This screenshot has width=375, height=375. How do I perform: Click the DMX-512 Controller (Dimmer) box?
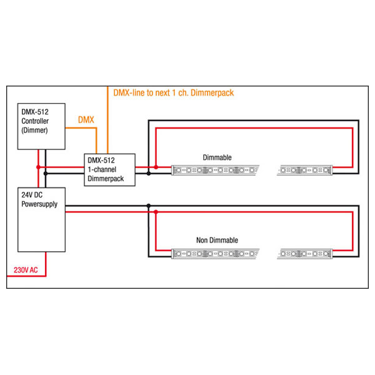(41, 126)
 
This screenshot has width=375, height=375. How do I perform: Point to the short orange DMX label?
(86, 119)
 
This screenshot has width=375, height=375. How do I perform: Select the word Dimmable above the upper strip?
(217, 157)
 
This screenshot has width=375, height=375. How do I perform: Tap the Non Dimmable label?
(217, 240)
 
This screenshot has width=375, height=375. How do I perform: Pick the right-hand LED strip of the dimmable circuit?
(306, 169)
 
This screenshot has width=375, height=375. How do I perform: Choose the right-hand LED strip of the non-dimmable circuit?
(306, 254)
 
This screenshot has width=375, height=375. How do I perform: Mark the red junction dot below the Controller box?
(39, 167)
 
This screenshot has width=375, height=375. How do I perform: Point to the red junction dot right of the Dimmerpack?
(155, 167)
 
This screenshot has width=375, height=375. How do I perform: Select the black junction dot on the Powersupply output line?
(148, 206)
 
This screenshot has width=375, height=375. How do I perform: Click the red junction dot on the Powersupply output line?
(155, 212)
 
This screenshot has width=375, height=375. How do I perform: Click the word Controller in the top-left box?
(36, 121)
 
